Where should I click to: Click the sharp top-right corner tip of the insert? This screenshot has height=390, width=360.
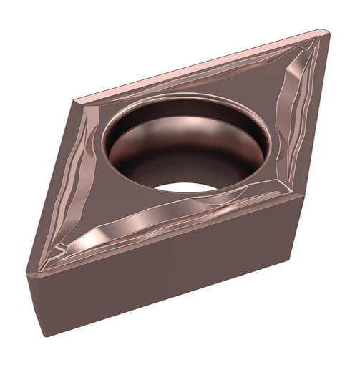tap(323, 32)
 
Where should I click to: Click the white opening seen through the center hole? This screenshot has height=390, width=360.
tap(187, 190)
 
